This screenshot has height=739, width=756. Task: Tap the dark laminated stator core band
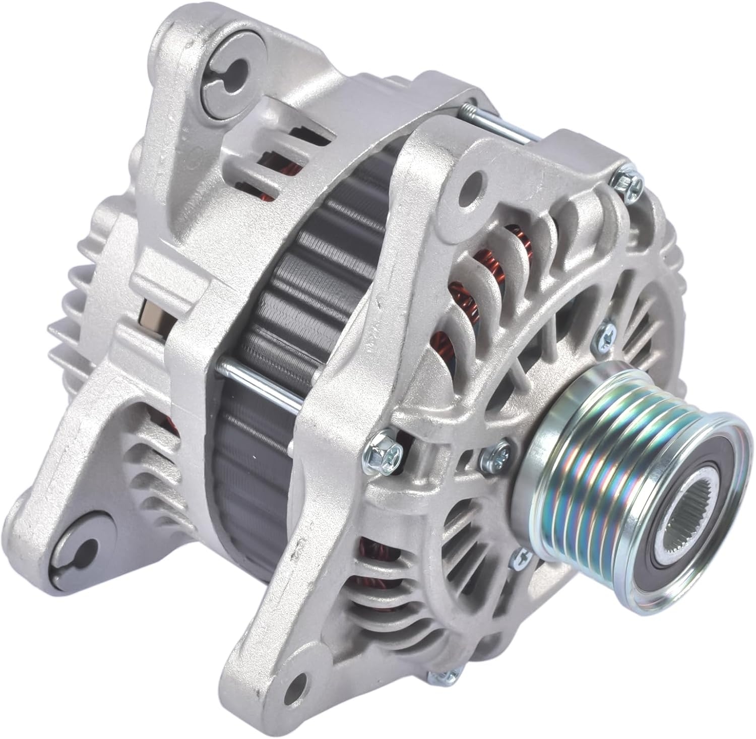click(x=282, y=302)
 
